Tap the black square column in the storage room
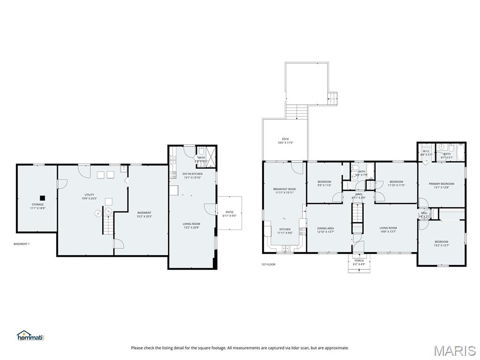(x=42, y=198)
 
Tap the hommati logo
(x=30, y=336)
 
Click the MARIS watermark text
(x=455, y=350)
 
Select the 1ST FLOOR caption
(x=268, y=264)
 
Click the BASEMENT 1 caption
(x=22, y=244)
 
